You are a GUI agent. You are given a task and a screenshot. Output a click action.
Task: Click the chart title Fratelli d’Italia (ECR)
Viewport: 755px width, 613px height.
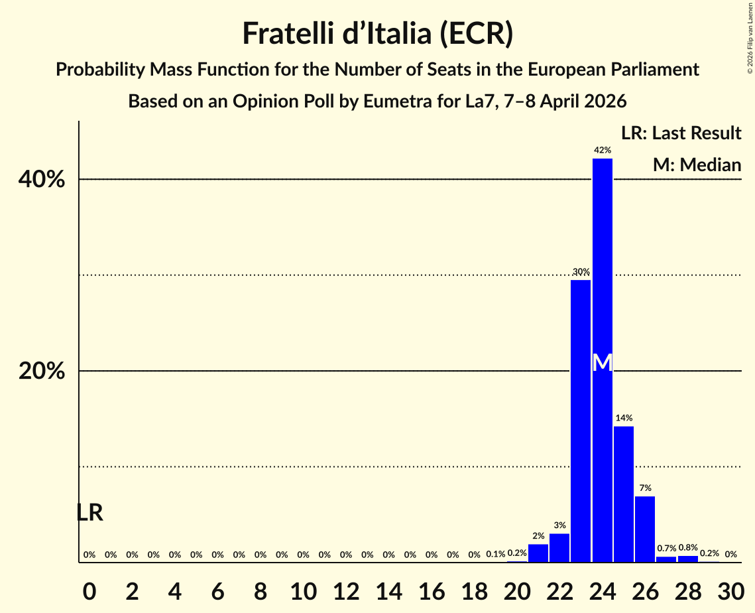377,33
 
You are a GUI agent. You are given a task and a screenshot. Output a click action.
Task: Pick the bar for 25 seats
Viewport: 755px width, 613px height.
624,494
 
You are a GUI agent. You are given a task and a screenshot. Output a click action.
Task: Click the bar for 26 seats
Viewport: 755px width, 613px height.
645,529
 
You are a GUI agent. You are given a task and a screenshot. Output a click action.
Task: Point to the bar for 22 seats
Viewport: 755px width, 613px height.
559,547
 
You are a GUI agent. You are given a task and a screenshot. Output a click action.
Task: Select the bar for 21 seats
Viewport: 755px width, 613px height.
538,553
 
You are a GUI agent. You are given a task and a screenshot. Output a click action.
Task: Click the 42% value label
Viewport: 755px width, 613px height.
602,151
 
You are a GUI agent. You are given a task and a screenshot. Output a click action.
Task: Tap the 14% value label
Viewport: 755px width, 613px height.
624,418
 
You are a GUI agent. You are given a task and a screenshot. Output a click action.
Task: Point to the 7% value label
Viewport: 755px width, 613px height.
645,488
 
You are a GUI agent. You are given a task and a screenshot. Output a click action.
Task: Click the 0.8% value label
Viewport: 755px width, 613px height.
687,548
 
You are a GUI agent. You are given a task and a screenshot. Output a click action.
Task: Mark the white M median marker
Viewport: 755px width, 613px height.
602,362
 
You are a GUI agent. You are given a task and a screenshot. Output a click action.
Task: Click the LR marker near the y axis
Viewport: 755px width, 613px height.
89,513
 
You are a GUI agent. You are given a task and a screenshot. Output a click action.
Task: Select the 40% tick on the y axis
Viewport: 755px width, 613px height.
42,180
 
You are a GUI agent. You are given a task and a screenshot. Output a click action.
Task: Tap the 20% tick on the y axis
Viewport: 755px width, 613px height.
42,372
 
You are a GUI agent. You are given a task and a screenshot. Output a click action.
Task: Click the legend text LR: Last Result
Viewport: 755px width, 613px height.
681,133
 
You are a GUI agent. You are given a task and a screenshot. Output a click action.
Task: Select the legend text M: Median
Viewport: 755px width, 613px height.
697,165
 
